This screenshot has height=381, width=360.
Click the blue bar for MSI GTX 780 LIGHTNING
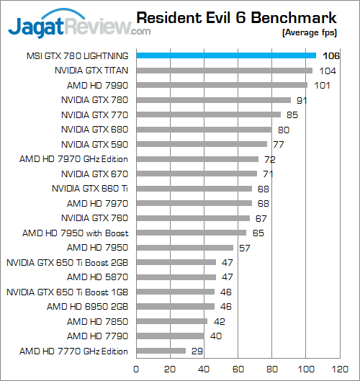tap(225, 55)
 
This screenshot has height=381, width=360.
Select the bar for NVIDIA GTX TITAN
tap(224, 71)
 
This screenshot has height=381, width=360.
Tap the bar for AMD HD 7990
tap(221, 85)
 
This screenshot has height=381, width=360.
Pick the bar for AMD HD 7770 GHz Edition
tap(161, 351)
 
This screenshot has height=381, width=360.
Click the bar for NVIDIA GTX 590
tap(201, 144)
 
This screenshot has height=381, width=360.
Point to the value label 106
tap(330, 56)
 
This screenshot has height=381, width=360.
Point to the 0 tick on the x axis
tap(135, 367)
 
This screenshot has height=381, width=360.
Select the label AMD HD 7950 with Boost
tap(75, 233)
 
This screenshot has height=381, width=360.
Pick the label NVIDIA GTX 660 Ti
tap(90, 189)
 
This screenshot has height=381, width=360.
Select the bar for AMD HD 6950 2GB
tap(174, 307)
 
